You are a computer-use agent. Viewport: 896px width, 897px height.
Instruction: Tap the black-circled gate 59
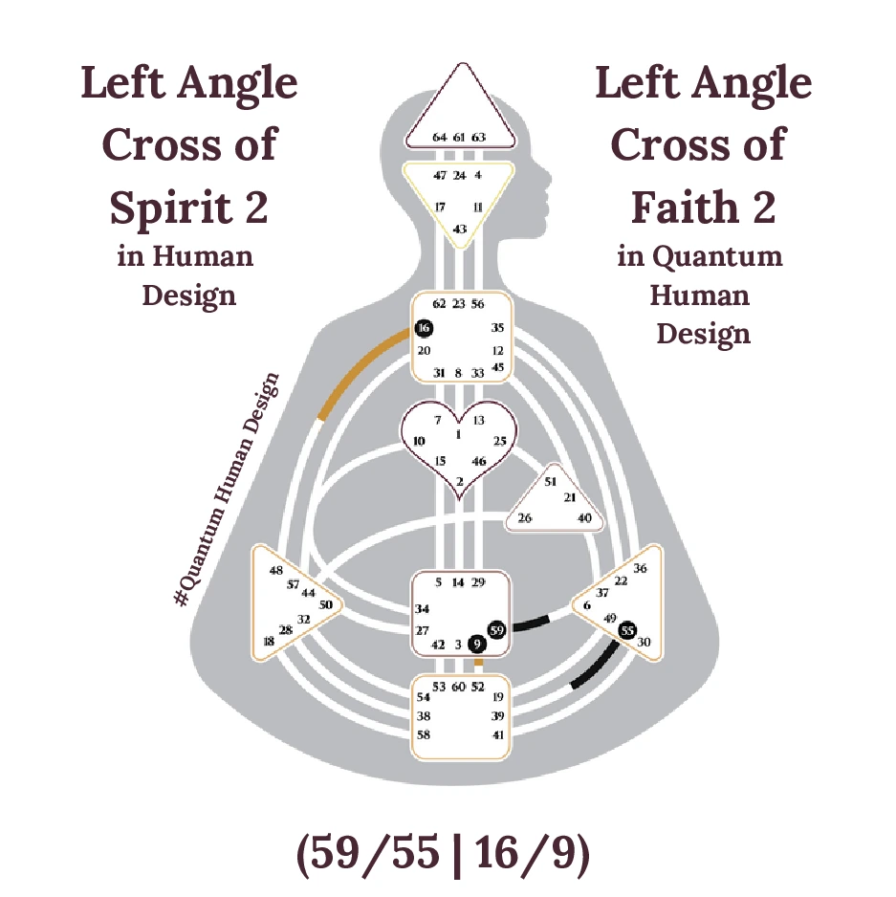[496, 630]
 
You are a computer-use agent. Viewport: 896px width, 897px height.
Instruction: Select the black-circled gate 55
[626, 630]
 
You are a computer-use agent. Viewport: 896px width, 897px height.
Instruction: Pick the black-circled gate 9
[478, 645]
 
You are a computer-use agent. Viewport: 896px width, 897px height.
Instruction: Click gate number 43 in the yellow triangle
[460, 230]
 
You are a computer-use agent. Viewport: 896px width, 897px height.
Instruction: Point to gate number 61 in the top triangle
[459, 138]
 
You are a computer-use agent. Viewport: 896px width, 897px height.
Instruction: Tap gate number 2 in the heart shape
[460, 481]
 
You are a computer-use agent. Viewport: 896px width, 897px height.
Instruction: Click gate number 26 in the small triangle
[525, 518]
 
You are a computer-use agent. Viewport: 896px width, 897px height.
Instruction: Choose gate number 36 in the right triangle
[641, 568]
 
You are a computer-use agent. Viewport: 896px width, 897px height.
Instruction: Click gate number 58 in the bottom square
[423, 734]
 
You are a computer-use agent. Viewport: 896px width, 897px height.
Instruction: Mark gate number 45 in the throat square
[497, 367]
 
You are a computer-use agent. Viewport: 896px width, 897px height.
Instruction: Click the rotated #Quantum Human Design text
[227, 489]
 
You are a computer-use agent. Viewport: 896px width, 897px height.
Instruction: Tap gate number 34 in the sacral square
[423, 609]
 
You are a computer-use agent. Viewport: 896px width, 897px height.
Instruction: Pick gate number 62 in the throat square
[439, 304]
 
